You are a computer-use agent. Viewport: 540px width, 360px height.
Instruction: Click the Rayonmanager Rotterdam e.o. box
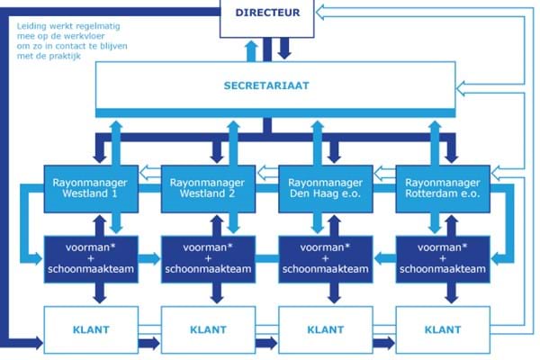[438, 188]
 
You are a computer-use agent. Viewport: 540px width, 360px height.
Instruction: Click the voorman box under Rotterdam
[438, 256]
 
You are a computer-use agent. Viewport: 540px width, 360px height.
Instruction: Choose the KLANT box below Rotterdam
[438, 329]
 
